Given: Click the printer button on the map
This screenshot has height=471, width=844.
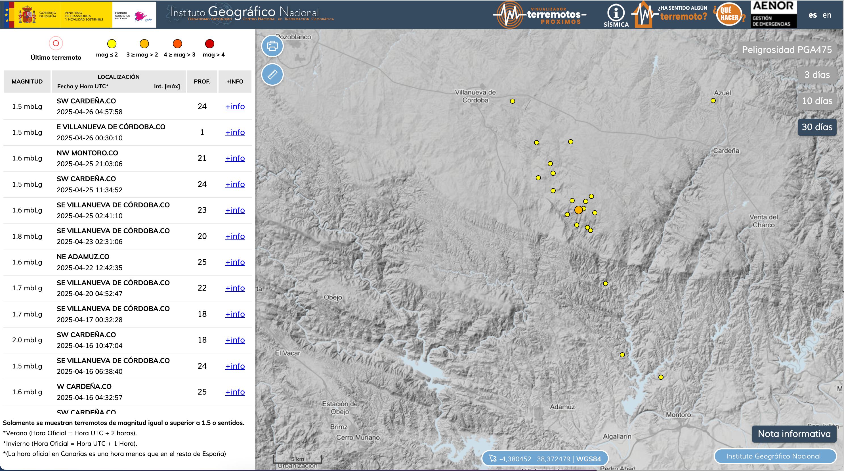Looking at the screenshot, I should pos(272,46).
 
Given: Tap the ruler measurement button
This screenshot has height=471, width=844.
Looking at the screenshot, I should pos(272,74).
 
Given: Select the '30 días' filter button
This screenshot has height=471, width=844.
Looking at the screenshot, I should pos(817,127).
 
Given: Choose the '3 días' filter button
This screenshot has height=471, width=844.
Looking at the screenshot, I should pos(817,75).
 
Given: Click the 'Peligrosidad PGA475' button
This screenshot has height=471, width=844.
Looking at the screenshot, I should pos(787,50).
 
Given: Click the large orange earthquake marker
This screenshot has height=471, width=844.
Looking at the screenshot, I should pos(579,210).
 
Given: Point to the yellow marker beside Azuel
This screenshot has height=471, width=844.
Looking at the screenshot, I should pos(713,101).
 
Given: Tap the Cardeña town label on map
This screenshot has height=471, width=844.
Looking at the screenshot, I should pos(726,151).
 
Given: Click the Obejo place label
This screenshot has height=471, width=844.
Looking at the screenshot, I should pos(333,297).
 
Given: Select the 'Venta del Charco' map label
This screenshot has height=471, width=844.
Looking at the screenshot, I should pos(763,221).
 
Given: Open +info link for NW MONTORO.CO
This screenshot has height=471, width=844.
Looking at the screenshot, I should pos(235,158).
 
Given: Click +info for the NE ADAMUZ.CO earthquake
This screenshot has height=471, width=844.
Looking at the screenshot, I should pos(235,262).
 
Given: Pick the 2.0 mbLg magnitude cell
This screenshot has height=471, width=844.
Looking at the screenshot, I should pos(27,340).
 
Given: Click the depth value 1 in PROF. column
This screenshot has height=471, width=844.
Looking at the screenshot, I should pos(202,132).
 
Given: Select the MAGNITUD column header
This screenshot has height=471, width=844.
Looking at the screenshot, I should pos(27,82).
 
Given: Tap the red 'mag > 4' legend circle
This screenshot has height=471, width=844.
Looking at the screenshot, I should pos(210,44).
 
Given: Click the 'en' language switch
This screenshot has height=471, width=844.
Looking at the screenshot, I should pos(827,15).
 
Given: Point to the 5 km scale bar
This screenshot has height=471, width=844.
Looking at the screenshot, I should pos(297,459).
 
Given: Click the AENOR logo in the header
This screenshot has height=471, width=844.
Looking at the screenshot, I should pos(774,14).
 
